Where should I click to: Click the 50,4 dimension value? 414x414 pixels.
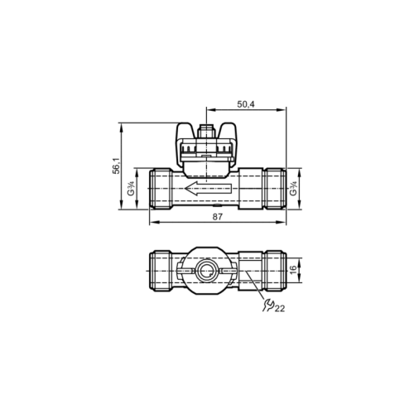[247, 104]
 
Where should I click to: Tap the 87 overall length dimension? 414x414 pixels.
[217, 217]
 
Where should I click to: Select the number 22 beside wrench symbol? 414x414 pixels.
[279, 309]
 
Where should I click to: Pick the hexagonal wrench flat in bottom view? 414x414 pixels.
[248, 270]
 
